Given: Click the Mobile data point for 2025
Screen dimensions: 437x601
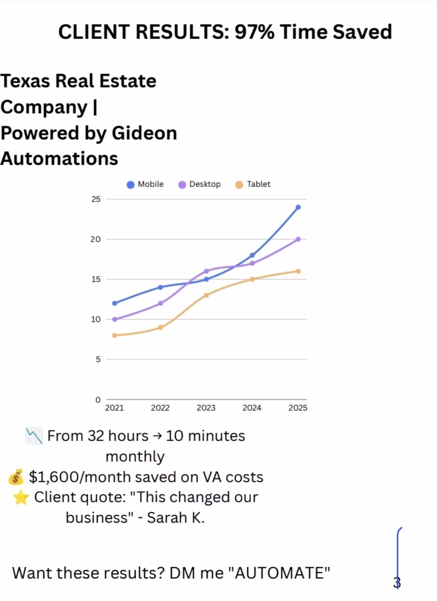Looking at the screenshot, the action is [x=298, y=207].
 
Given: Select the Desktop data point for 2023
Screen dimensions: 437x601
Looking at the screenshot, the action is [x=206, y=271].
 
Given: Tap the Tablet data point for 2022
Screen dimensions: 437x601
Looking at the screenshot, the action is [x=160, y=327].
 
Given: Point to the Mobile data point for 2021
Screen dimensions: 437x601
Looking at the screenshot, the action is [x=115, y=303].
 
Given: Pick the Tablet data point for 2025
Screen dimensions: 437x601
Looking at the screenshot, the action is [x=298, y=271].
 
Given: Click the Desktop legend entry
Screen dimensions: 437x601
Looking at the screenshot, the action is [x=199, y=184].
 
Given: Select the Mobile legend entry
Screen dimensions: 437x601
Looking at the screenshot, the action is [x=145, y=184].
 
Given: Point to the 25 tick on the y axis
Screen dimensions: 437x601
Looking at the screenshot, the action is [x=96, y=199].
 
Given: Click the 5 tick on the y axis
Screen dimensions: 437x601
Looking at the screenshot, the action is [x=98, y=359].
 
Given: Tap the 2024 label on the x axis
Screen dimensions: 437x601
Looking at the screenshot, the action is [x=252, y=408].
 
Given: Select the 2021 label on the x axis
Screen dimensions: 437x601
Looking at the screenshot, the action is [x=114, y=408].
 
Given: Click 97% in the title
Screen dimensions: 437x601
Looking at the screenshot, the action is [x=255, y=32].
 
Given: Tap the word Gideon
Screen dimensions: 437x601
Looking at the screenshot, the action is [x=144, y=133].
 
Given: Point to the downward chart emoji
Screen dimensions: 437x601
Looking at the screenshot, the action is [x=34, y=436].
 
